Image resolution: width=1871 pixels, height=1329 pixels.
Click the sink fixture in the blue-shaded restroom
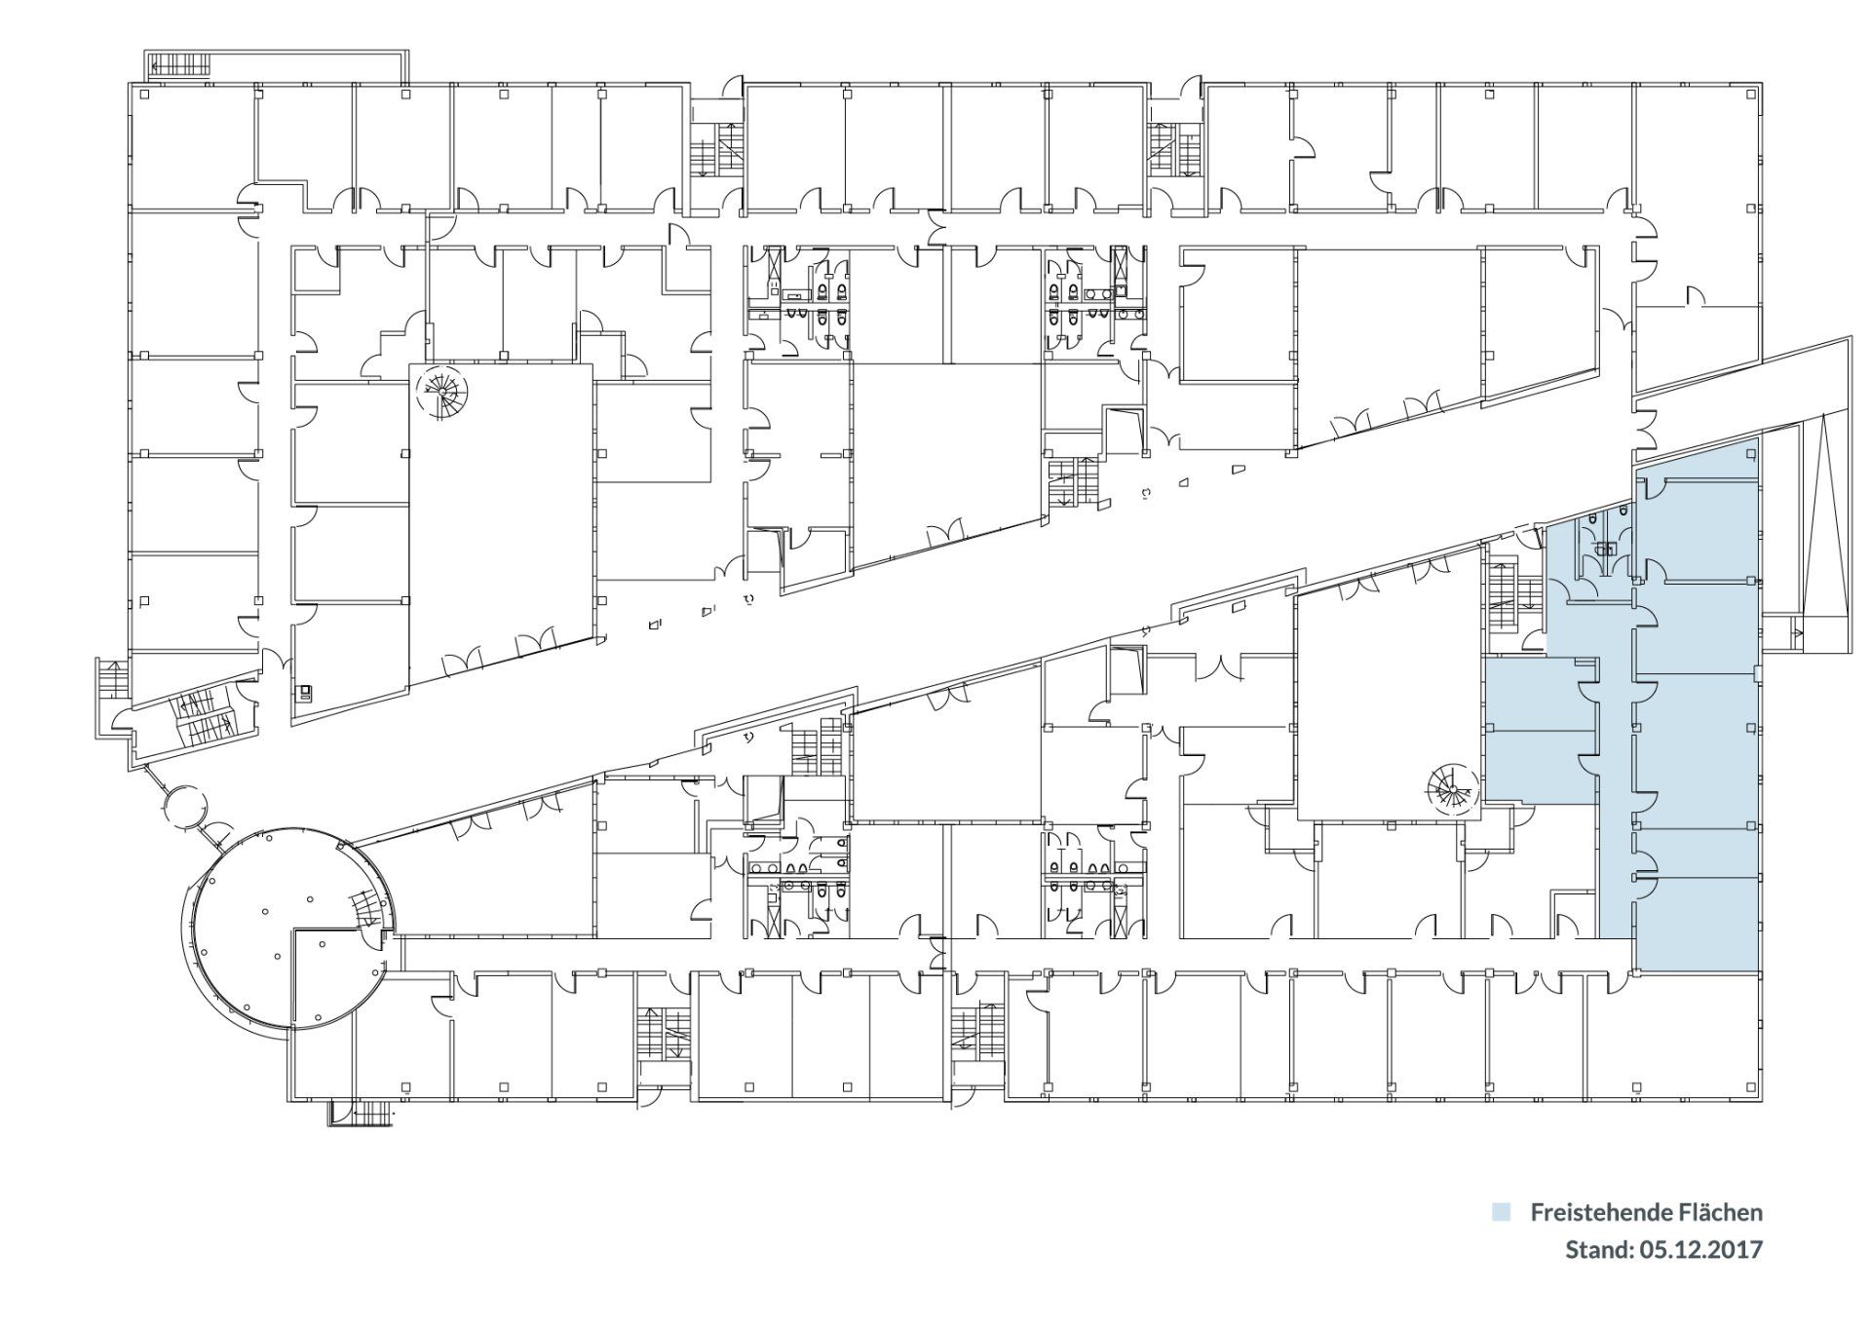[x=1605, y=550]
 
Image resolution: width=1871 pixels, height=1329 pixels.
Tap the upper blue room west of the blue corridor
[x=1539, y=693]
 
